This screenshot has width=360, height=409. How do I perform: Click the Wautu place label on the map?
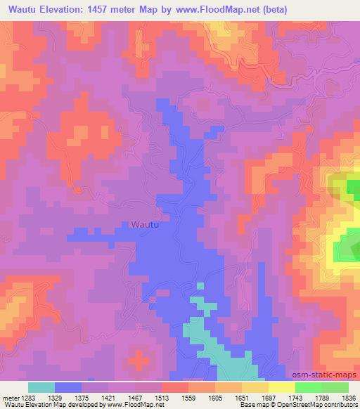point(144,225)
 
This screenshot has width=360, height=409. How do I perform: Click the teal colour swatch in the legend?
point(41,387)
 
